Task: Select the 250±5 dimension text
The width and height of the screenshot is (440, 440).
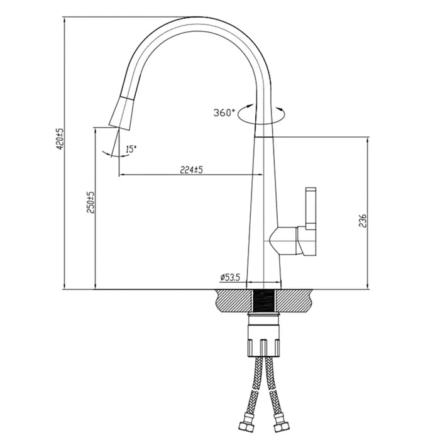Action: coord(90,202)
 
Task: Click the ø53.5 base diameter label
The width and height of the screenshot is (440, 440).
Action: coord(230,277)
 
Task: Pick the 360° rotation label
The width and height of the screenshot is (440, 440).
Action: coord(224,113)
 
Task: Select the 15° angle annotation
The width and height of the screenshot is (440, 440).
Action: coord(131,149)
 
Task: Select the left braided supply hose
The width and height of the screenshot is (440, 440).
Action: coord(251,390)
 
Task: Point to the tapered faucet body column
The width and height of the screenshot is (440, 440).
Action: coord(264,207)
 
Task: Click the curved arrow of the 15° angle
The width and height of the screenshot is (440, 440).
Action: coord(108,152)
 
